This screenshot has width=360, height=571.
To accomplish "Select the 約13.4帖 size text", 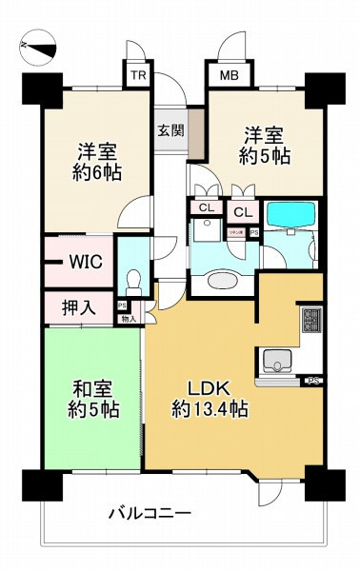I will (x=210, y=410).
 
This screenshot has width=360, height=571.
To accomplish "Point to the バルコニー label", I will (x=152, y=513).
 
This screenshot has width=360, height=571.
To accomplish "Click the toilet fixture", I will (x=133, y=283).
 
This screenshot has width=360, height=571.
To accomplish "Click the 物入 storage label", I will (x=130, y=319).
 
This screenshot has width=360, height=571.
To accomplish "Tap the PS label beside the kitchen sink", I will (x=311, y=381).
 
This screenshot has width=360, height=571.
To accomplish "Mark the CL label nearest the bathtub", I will (x=242, y=211).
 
